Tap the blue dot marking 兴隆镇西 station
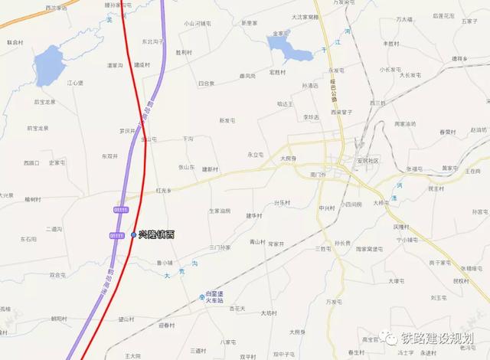click(133, 234)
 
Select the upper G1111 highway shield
click(119, 208)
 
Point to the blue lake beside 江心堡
click(49, 64)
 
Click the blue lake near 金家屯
click(289, 51)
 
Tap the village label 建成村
click(142, 65)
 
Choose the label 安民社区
click(368, 161)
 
